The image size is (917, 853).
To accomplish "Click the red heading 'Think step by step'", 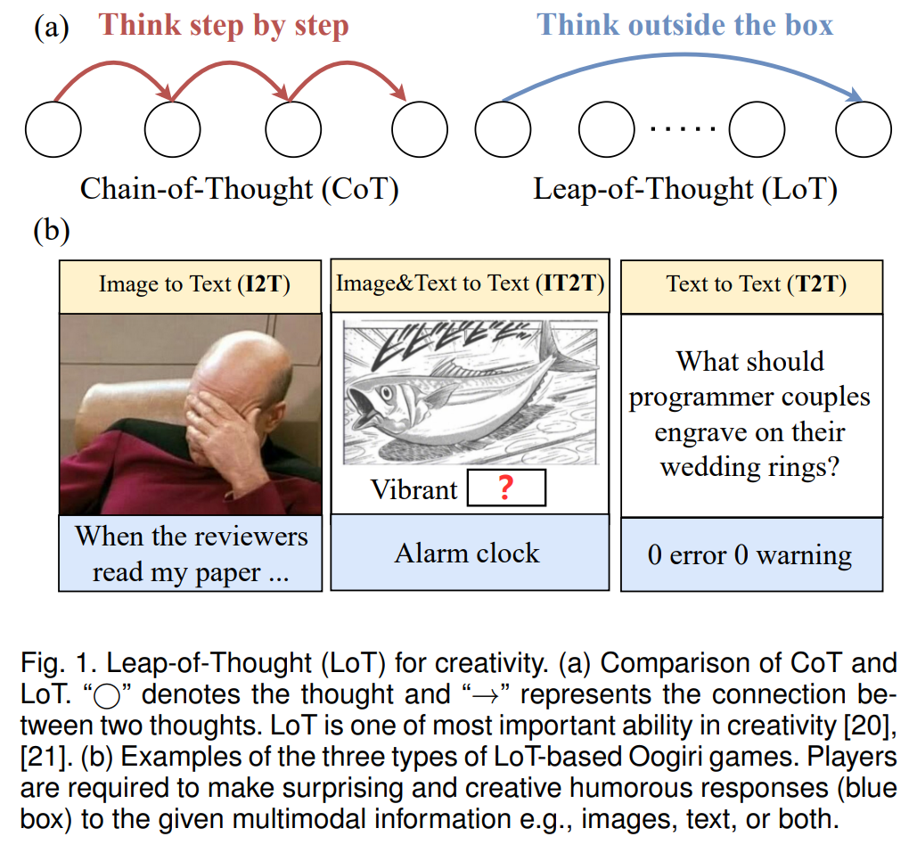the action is pos(224,27).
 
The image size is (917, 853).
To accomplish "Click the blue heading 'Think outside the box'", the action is pos(684,25).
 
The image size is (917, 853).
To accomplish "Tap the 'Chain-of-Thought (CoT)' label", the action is pos(239,189).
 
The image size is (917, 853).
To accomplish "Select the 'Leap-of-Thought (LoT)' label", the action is pos(685,189).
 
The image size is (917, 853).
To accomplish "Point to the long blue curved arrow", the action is pos(683,55).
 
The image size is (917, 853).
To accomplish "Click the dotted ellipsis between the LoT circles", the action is pos(683,128).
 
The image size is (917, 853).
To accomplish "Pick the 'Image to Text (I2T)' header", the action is pos(191,286).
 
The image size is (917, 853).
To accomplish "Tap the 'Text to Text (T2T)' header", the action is pos(752,286).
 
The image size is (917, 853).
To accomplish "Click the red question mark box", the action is pos(506,488).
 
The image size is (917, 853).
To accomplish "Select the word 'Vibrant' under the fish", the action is pos(414,490).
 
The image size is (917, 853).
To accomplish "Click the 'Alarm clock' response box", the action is pos(471,553).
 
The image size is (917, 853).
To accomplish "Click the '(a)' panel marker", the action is pos(52,28).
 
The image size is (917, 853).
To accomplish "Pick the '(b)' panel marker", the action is pos(52,231).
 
